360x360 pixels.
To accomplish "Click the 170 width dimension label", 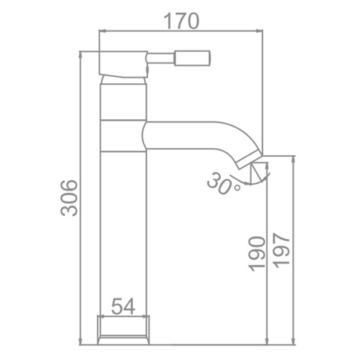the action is pos(182,21).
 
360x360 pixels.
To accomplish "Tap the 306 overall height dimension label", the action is pos(69,198).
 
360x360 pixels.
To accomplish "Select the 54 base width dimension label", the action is pos(123,306).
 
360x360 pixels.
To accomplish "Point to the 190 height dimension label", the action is pos(258,254).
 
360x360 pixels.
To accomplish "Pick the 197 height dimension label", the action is pos(282,250).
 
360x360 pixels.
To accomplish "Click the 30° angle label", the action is pos(222,184).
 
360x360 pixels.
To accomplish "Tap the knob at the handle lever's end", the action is pos(192,58).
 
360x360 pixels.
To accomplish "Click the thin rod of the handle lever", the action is pos(161,58).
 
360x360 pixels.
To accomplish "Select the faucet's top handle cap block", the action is pos(123,63).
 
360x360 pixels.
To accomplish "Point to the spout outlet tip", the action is pos(250,159).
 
